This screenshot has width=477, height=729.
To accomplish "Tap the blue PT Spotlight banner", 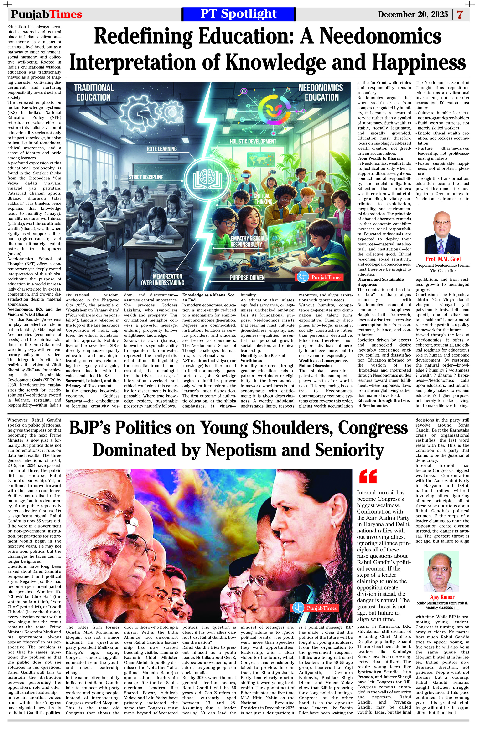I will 238,14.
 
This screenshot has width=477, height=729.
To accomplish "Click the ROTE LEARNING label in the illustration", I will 161,149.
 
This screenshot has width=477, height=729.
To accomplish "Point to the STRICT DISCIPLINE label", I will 146,177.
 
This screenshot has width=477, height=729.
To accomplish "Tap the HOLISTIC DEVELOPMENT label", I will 253,142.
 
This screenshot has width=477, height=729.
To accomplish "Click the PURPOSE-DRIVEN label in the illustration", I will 247,278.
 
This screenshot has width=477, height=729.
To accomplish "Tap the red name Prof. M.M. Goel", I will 443,259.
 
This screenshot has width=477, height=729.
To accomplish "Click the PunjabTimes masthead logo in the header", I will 47,14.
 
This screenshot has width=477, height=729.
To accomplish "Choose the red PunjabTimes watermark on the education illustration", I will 319,277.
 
